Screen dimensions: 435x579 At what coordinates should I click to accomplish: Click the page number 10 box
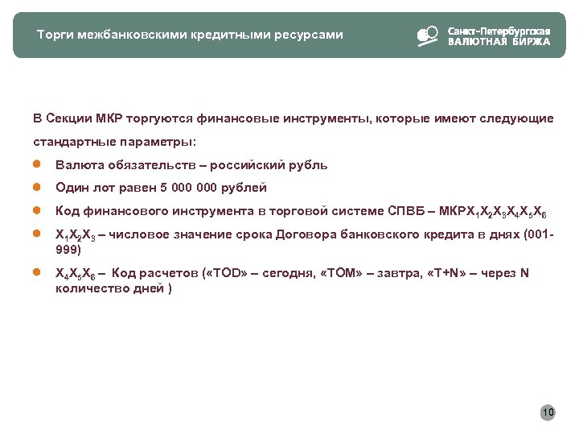[548, 413]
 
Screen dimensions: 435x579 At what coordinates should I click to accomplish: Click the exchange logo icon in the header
[427, 36]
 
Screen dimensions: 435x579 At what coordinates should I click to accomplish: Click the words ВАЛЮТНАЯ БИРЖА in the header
[499, 42]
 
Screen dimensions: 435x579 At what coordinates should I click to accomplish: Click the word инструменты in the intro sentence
[322, 118]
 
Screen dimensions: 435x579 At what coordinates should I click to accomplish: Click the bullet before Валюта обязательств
[36, 164]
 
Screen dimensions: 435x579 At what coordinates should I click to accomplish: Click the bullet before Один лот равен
[36, 187]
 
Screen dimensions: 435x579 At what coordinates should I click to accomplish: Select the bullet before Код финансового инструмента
[36, 210]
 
